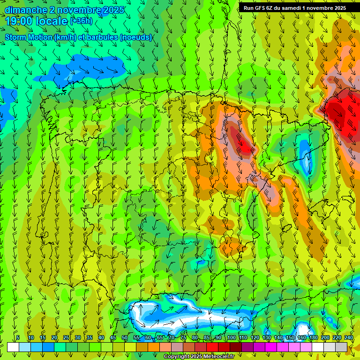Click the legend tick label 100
[232, 337]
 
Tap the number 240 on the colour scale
[349, 337]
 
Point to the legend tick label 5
[18, 337]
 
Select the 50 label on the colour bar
[125, 337]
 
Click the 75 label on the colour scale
[183, 337]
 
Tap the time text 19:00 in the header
[19, 21]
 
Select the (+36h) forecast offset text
[81, 21]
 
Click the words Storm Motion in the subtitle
[28, 37]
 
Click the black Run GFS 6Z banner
[295, 8]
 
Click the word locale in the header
[50, 21]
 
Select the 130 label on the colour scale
[267, 337]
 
